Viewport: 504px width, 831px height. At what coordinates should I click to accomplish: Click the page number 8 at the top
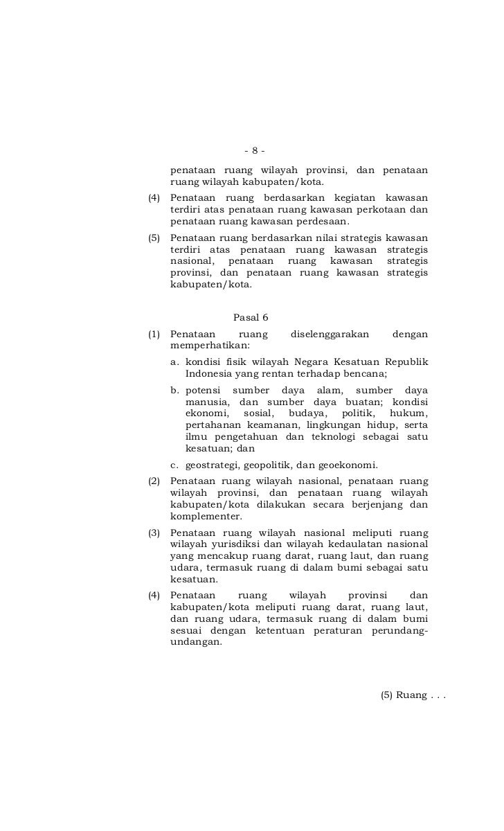tap(255, 150)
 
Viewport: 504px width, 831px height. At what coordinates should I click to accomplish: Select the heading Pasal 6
tap(251, 318)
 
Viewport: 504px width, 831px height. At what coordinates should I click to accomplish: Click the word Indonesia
tap(209, 374)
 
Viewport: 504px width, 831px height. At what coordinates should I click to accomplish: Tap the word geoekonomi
tap(348, 465)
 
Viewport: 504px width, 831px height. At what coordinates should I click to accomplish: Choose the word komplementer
tap(206, 517)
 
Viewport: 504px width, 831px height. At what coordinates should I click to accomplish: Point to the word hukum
tap(408, 413)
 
